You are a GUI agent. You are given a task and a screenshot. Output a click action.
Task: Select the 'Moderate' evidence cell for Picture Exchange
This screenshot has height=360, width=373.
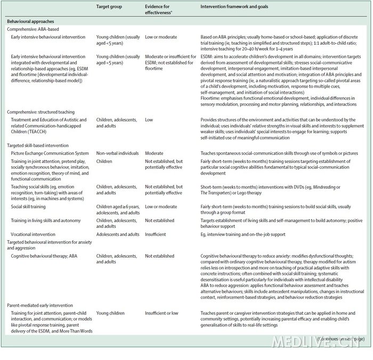[x=155, y=152]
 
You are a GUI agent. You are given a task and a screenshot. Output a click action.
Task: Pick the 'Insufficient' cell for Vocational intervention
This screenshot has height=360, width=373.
[x=157, y=233]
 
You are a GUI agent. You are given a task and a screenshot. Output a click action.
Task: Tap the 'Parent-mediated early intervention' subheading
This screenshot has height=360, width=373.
[x=44, y=305]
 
